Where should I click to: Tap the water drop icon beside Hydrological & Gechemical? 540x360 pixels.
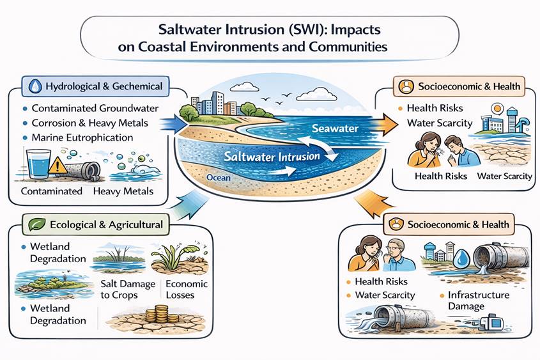(35, 86)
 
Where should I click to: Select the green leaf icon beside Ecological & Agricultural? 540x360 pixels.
(36, 224)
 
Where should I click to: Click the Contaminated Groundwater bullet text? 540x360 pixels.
(95, 108)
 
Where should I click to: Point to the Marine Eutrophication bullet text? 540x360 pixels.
(82, 137)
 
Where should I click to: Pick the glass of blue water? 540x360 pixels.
(38, 164)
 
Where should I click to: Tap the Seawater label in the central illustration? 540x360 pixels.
(335, 129)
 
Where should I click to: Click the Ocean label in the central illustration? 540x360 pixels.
(219, 178)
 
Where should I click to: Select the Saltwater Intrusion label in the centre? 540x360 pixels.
(272, 157)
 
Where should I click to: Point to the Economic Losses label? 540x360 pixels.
(187, 290)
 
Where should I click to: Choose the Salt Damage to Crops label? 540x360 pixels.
(128, 290)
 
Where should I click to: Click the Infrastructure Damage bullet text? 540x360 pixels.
(479, 301)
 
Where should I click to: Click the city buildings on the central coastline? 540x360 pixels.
(213, 104)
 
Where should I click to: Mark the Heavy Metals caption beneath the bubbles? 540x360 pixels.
(123, 191)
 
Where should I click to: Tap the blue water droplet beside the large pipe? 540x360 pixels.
(461, 259)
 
